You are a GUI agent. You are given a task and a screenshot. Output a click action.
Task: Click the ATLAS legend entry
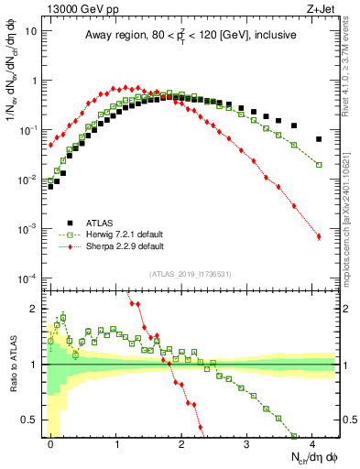tap(101, 222)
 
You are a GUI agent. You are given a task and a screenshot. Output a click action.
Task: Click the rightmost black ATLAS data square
tap(319, 139)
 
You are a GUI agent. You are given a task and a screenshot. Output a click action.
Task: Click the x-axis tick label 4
tap(312, 443)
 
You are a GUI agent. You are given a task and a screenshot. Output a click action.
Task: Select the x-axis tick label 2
tap(182, 443)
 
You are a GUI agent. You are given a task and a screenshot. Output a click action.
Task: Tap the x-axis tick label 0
tap(51, 443)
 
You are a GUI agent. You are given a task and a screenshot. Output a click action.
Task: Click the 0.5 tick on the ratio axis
tap(32, 420)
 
